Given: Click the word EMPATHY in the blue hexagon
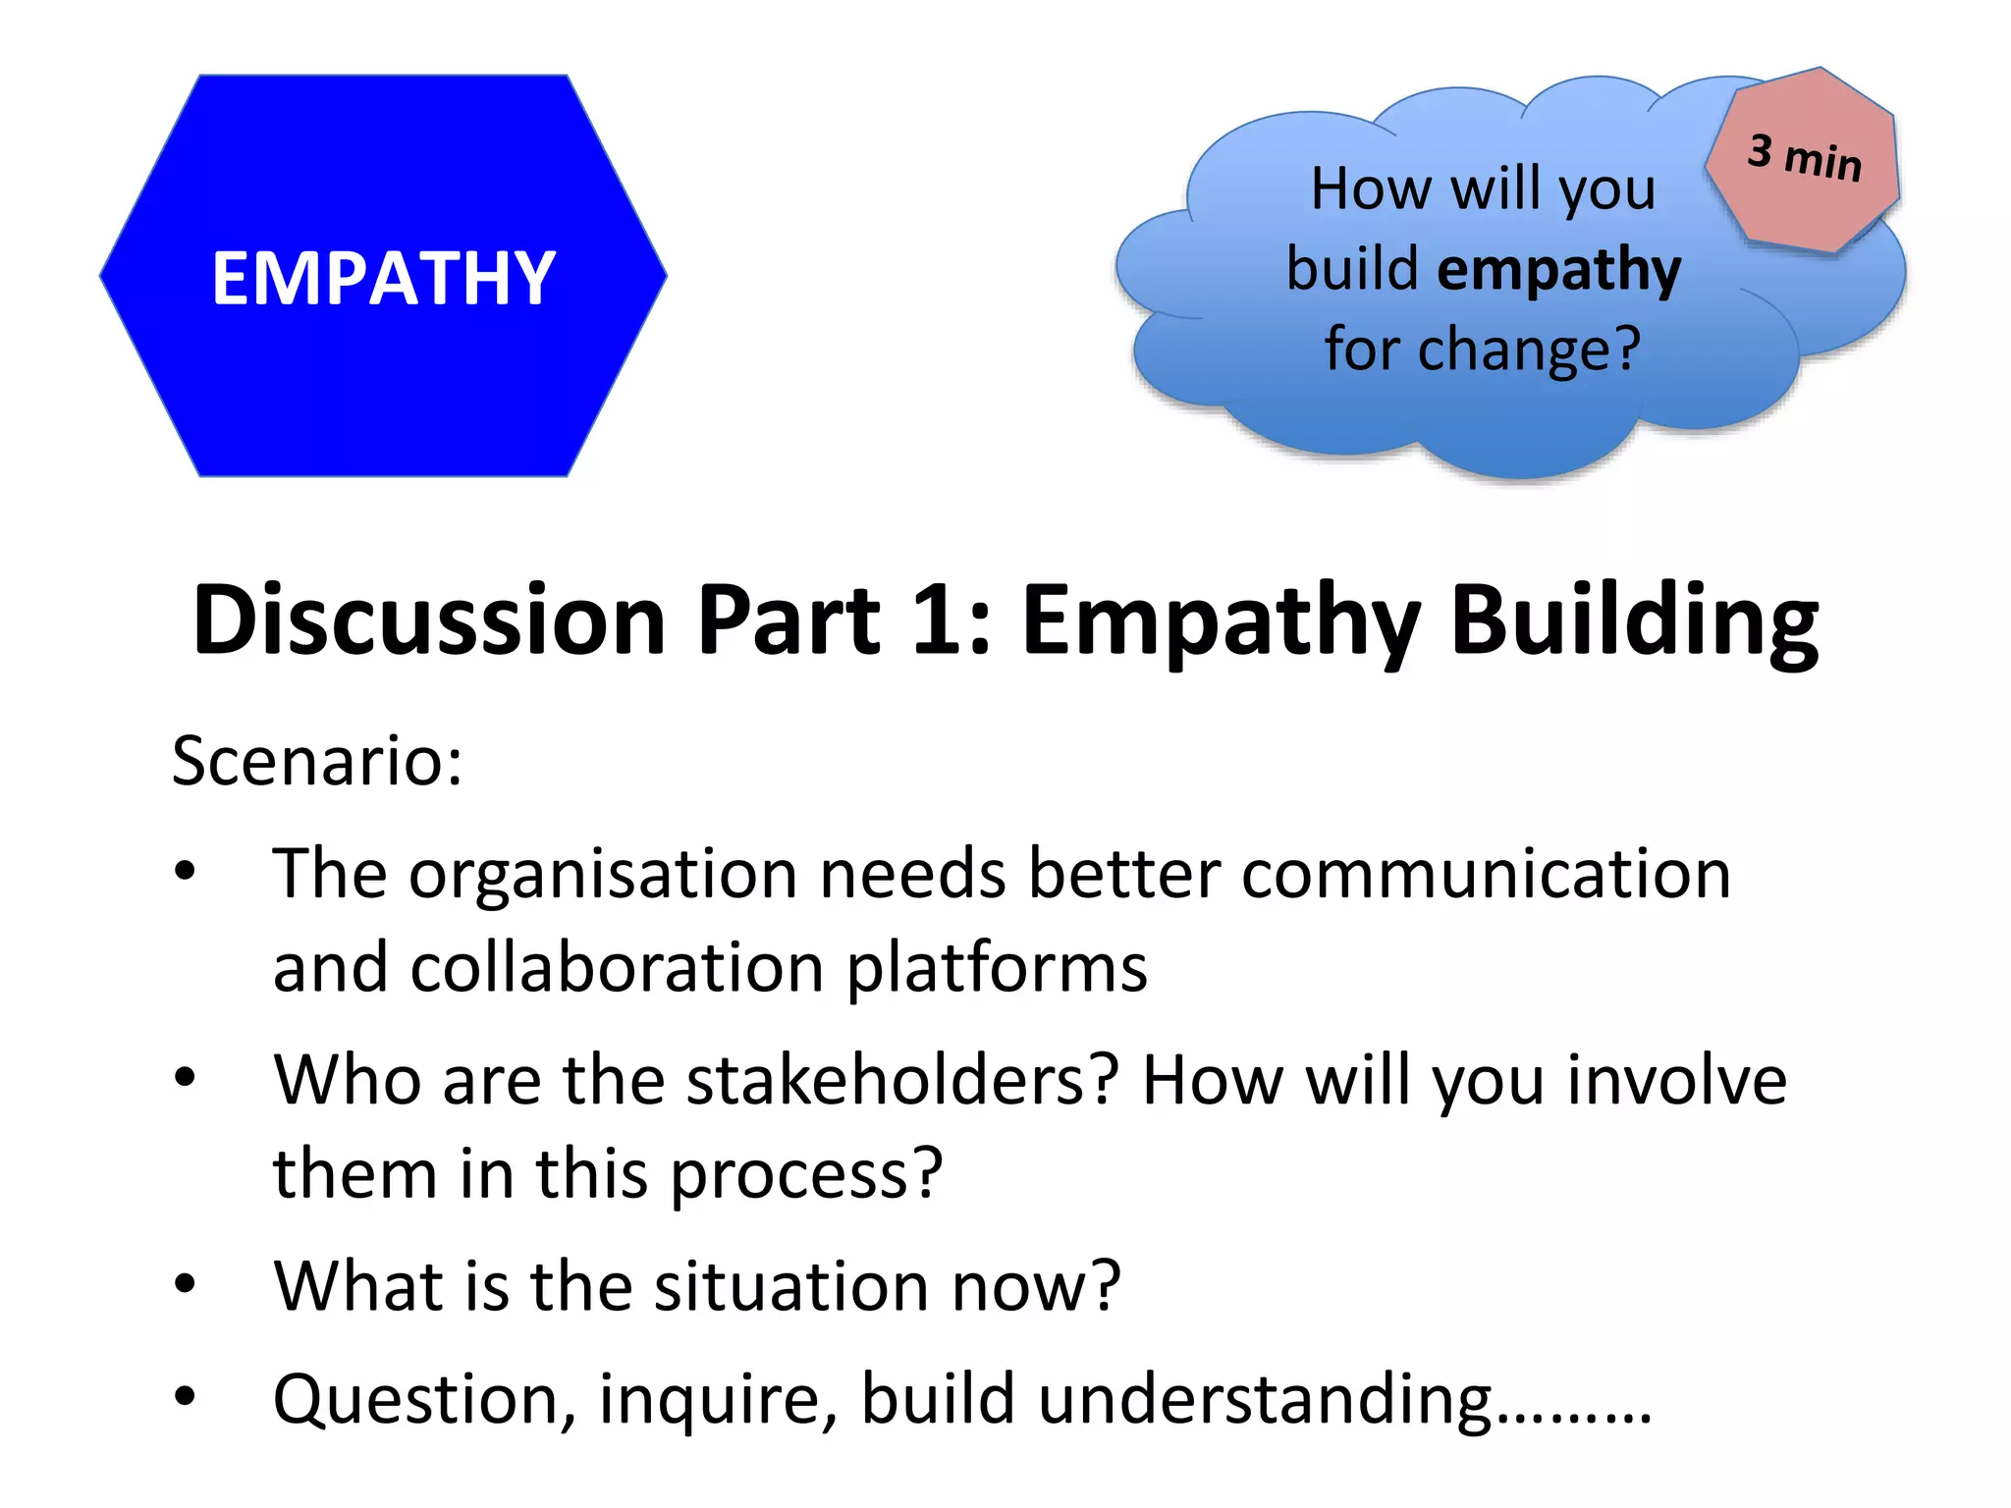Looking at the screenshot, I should tap(384, 279).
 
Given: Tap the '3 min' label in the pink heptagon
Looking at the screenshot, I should tap(1804, 157).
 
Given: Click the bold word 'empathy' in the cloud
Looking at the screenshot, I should tap(1558, 271).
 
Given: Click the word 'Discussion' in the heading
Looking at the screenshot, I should tap(430, 620).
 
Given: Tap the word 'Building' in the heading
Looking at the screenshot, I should tap(1634, 622).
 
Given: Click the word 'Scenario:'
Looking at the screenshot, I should tap(317, 761).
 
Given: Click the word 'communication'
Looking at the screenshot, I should tap(1486, 874).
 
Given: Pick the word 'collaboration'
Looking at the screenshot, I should tap(618, 968).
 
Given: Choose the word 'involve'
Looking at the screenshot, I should tap(1676, 1080).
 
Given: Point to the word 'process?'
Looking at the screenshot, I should tap(806, 1175).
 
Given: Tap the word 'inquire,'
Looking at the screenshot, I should tap(719, 1400).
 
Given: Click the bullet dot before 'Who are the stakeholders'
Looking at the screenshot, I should tap(185, 1077).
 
